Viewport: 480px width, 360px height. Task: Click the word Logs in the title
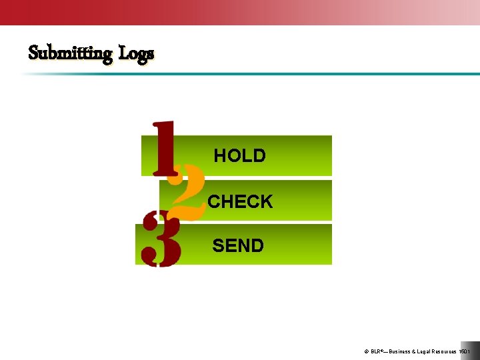[x=136, y=53]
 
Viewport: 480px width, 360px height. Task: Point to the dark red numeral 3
[x=161, y=239]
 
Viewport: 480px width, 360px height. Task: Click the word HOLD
[x=239, y=156]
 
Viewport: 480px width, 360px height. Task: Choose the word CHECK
[x=240, y=201]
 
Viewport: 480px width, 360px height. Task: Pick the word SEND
[x=238, y=246]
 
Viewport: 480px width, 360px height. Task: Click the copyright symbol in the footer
[x=367, y=351]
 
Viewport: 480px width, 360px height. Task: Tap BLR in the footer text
[x=377, y=351]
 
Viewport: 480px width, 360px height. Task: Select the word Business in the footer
[x=399, y=351]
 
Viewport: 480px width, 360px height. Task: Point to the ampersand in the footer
[x=415, y=351]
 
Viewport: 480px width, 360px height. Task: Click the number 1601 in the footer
[x=465, y=351]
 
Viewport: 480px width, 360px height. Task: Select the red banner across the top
[x=200, y=12]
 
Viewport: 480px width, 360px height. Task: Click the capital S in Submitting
[x=33, y=52]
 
